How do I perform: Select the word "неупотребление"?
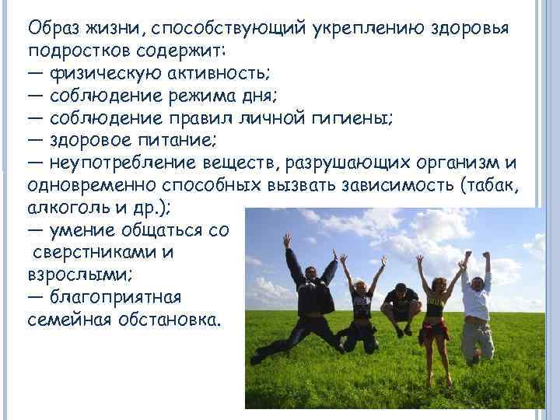(129, 164)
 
